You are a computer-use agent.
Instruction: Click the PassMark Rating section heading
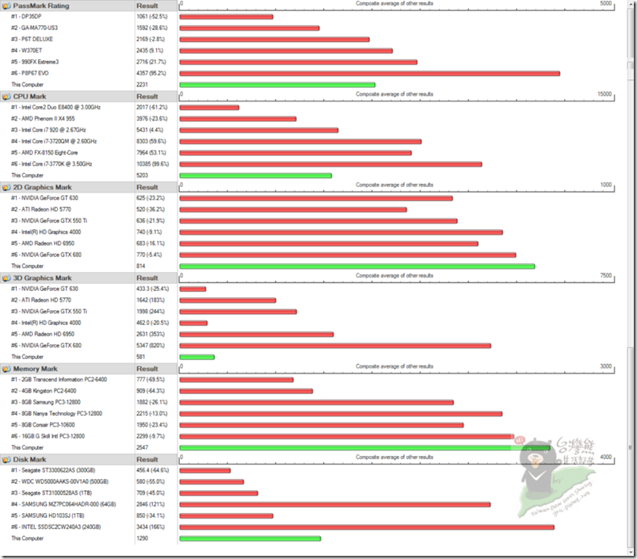tap(40, 6)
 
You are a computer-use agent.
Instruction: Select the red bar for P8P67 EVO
tap(369, 74)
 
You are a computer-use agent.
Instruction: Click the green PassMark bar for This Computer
tap(277, 85)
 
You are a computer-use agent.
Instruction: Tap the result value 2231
tap(143, 85)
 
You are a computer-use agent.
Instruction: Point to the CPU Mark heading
tap(30, 96)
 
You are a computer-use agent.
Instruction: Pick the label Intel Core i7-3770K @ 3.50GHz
tap(56, 164)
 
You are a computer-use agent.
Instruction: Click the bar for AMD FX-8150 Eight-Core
tap(296, 153)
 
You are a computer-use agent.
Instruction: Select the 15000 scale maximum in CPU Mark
tap(605, 94)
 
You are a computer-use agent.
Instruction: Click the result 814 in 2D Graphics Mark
tap(141, 266)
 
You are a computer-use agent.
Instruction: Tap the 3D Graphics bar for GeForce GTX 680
tap(335, 346)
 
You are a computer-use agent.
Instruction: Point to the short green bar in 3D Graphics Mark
tap(197, 357)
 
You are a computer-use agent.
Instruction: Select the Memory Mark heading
tap(35, 369)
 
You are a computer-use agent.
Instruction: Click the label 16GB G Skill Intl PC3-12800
tap(58, 436)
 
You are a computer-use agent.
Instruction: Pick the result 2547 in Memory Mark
tap(143, 447)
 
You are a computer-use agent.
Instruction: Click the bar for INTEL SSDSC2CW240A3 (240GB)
tap(367, 527)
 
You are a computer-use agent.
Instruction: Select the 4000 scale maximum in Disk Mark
tap(606, 458)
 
